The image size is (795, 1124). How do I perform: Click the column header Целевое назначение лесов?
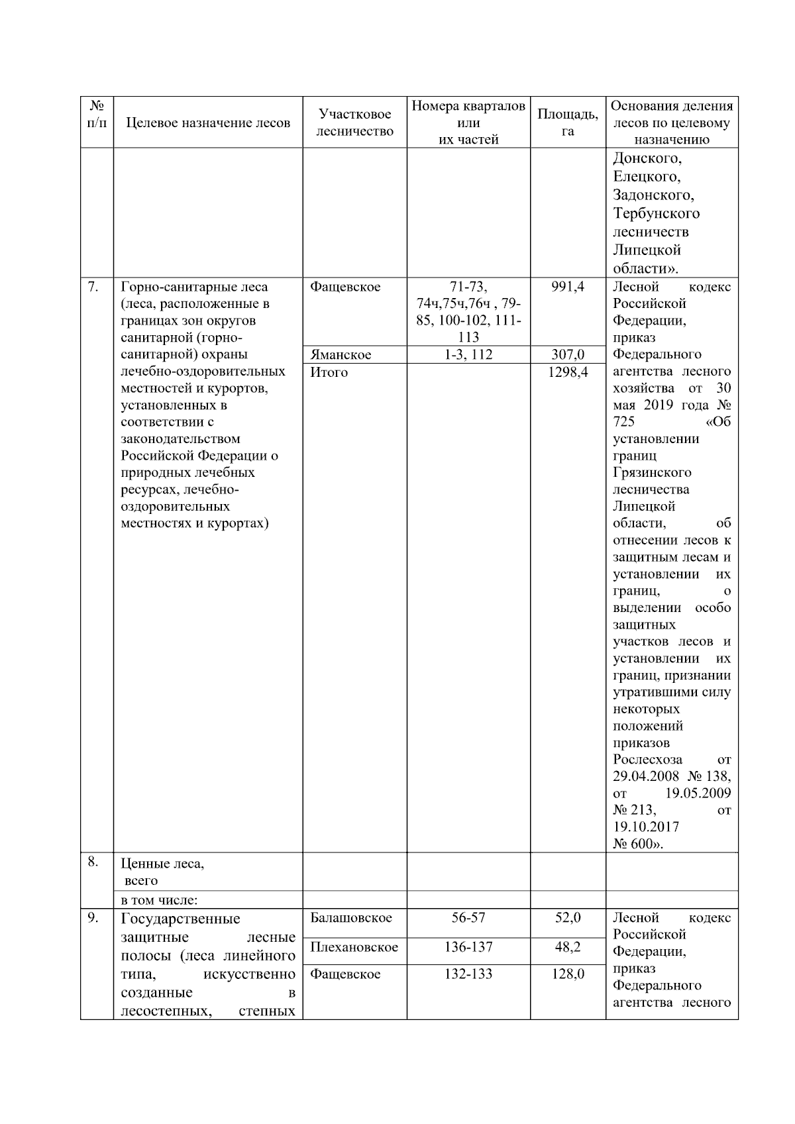pyautogui.click(x=208, y=123)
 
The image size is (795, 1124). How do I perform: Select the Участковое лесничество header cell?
pyautogui.click(x=354, y=123)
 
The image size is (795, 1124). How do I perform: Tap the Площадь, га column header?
pyautogui.click(x=567, y=123)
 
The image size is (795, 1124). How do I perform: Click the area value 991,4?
pyautogui.click(x=568, y=287)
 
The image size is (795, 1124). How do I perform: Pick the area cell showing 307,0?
pyautogui.click(x=568, y=354)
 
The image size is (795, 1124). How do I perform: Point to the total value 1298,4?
pyautogui.click(x=568, y=372)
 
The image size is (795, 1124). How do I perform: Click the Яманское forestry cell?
pyautogui.click(x=341, y=354)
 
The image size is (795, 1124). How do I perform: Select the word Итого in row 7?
pyautogui.click(x=329, y=372)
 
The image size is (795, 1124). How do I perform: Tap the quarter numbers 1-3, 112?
pyautogui.click(x=468, y=354)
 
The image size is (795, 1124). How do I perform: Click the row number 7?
pyautogui.click(x=93, y=286)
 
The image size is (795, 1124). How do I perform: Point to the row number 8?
pyautogui.click(x=93, y=862)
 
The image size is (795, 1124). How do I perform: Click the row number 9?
pyautogui.click(x=93, y=917)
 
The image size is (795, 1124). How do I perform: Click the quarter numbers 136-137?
pyautogui.click(x=468, y=947)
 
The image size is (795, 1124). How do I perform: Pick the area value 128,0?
pyautogui.click(x=568, y=974)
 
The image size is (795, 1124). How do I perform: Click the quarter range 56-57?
pyautogui.click(x=468, y=917)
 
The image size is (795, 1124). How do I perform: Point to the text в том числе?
pyautogui.click(x=160, y=900)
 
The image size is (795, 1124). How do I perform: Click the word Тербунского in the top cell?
pyautogui.click(x=656, y=213)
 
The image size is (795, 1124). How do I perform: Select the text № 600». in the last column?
pyautogui.click(x=638, y=844)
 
